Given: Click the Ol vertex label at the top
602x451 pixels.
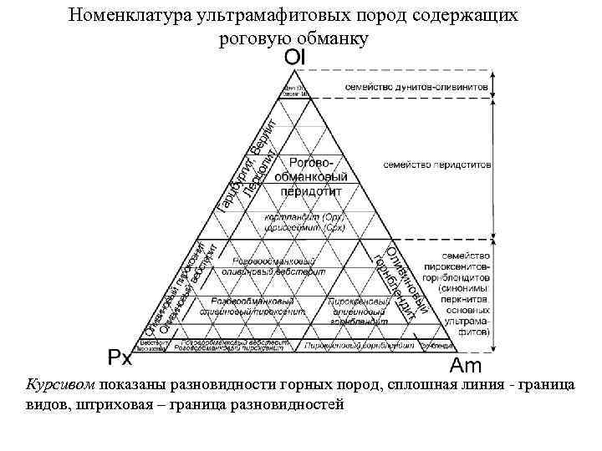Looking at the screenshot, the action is click(x=295, y=57).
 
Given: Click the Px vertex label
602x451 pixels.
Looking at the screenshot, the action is click(x=120, y=358).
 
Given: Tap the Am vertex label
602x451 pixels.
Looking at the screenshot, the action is click(x=466, y=364).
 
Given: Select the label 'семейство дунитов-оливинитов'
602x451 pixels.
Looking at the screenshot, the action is click(x=416, y=86).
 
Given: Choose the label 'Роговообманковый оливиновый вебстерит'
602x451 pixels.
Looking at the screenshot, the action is click(x=268, y=266).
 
